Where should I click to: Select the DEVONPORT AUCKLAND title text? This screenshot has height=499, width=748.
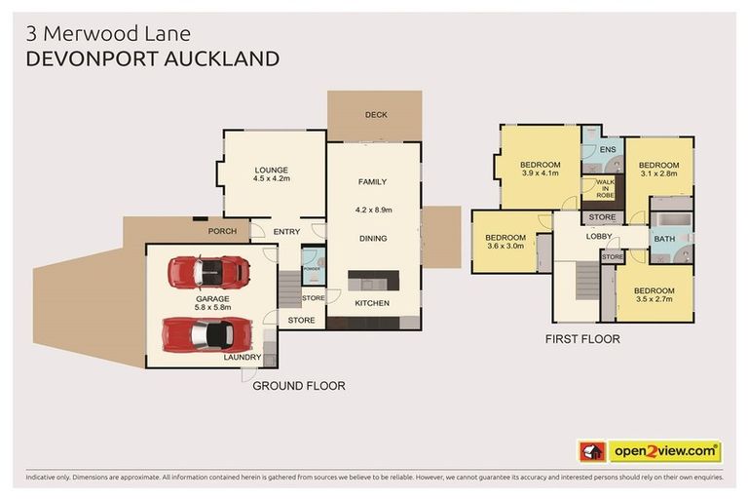[153, 58]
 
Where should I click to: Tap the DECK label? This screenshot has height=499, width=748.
[376, 115]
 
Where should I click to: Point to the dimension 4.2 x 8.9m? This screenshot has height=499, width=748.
[373, 208]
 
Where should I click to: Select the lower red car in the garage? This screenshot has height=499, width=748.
[206, 334]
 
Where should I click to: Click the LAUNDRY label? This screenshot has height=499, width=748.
[243, 358]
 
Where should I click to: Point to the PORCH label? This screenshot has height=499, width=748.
[222, 231]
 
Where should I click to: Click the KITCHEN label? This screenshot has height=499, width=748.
[372, 304]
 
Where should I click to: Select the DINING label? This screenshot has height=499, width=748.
[373, 238]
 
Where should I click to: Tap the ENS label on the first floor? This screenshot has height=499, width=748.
[608, 150]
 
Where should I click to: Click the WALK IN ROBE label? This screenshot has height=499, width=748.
[605, 188]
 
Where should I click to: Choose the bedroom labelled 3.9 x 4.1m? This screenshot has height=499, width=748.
[541, 169]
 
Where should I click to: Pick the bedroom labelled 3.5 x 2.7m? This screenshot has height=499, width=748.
[654, 295]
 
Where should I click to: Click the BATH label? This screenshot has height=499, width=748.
[664, 239]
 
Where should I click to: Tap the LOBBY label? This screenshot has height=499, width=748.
[598, 237]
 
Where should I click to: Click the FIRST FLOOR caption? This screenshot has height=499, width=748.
[582, 340]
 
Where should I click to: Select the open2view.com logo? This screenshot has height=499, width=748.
[650, 451]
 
